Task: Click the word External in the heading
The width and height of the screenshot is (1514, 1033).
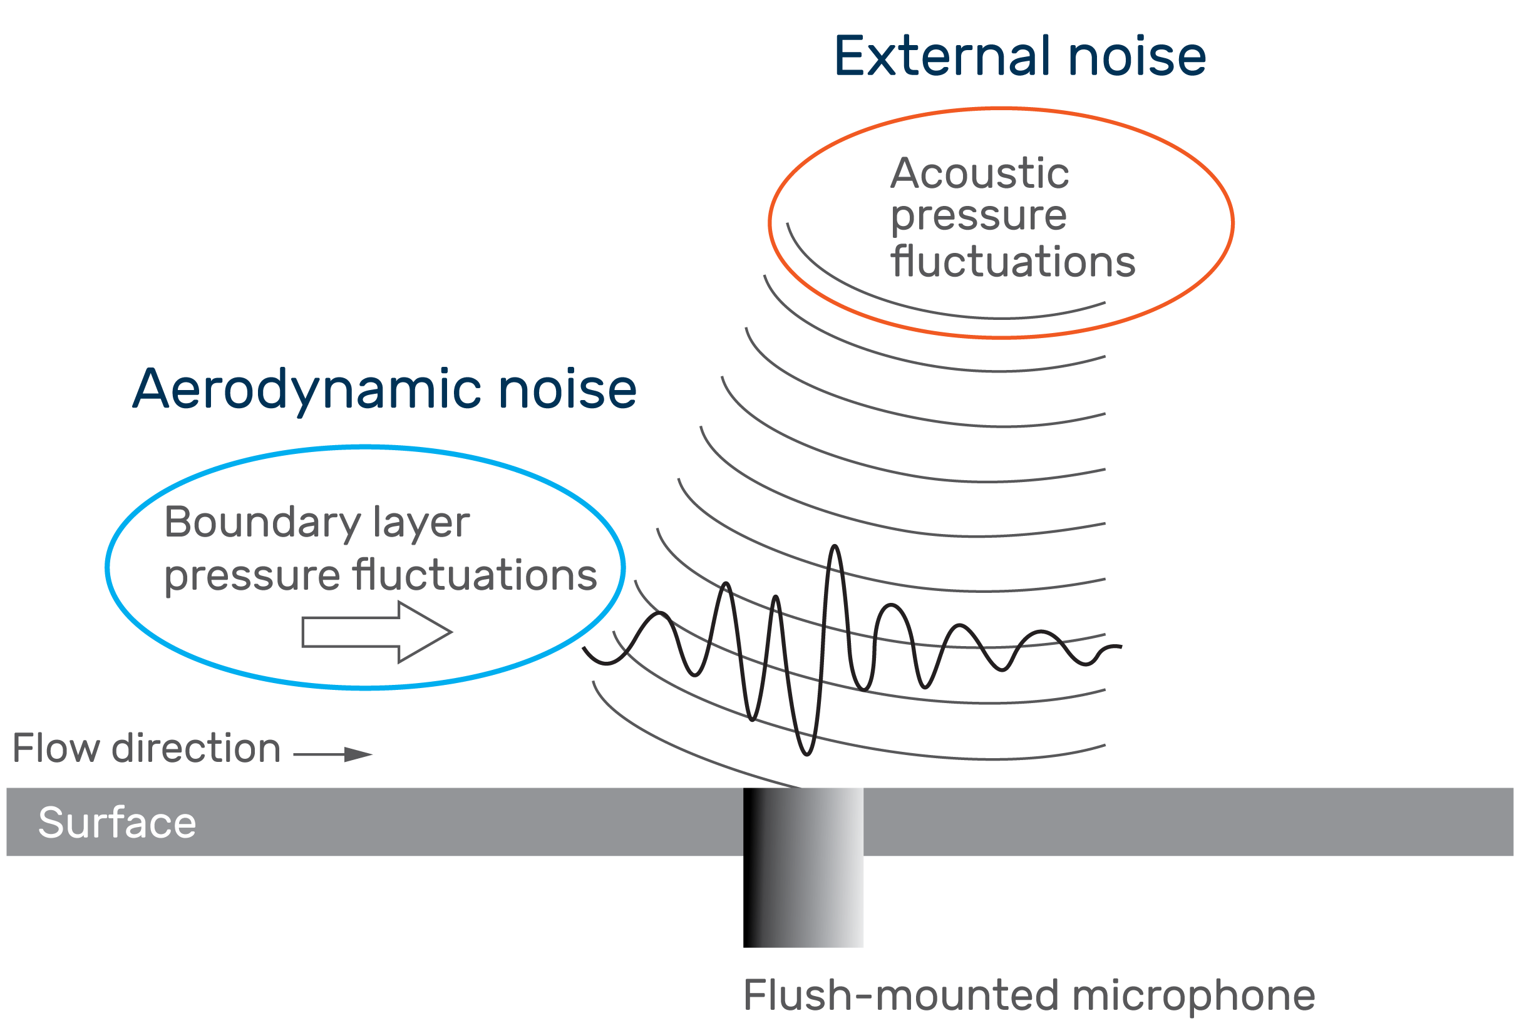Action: click(x=943, y=58)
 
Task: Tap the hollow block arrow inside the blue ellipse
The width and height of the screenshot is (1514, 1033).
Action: click(x=376, y=632)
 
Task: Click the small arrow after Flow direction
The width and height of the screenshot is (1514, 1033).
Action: click(x=333, y=754)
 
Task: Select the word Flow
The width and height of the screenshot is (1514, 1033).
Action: click(x=56, y=748)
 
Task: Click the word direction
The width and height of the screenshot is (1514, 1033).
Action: click(x=196, y=748)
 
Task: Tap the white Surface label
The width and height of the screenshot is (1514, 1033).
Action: click(x=117, y=823)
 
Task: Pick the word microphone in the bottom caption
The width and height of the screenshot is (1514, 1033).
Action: click(x=1193, y=996)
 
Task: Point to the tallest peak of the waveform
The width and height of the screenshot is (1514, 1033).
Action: click(x=835, y=548)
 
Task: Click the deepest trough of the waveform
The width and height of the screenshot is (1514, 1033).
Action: click(x=806, y=754)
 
